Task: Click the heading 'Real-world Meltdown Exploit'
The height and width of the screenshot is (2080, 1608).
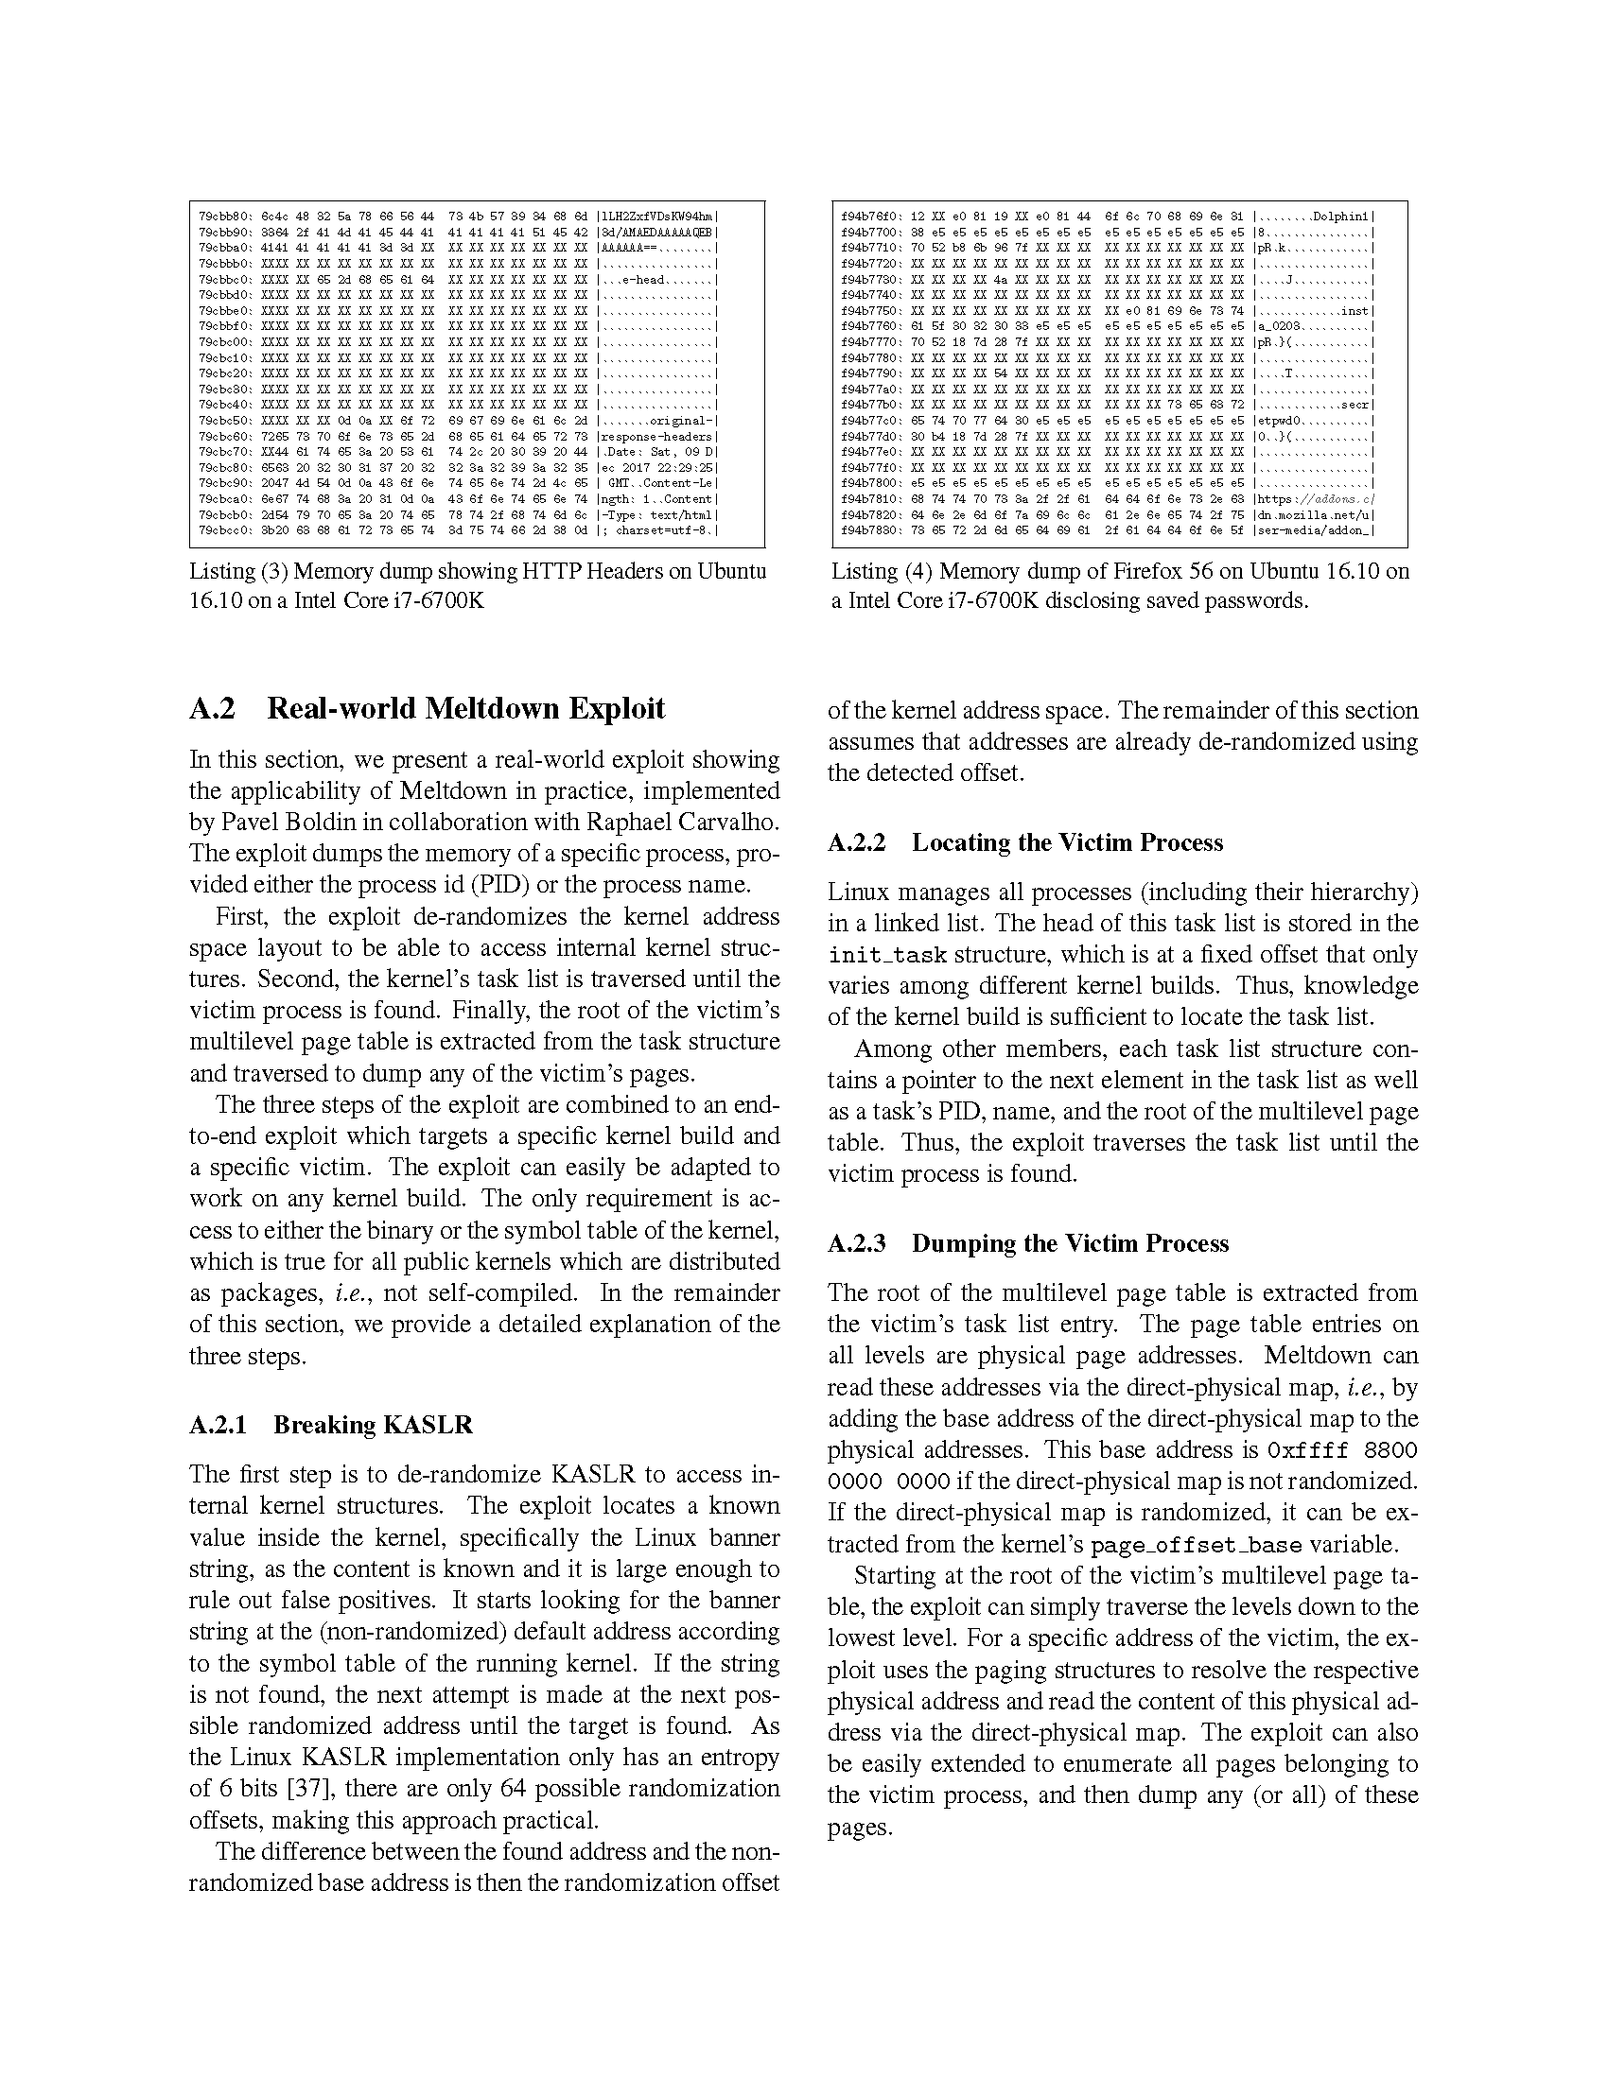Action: tap(465, 708)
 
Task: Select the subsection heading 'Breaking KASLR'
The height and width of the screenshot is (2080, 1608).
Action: tap(373, 1425)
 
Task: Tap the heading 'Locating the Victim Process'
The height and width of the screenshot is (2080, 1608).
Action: tap(1067, 841)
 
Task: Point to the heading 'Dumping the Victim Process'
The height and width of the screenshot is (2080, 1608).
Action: tap(1070, 1243)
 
